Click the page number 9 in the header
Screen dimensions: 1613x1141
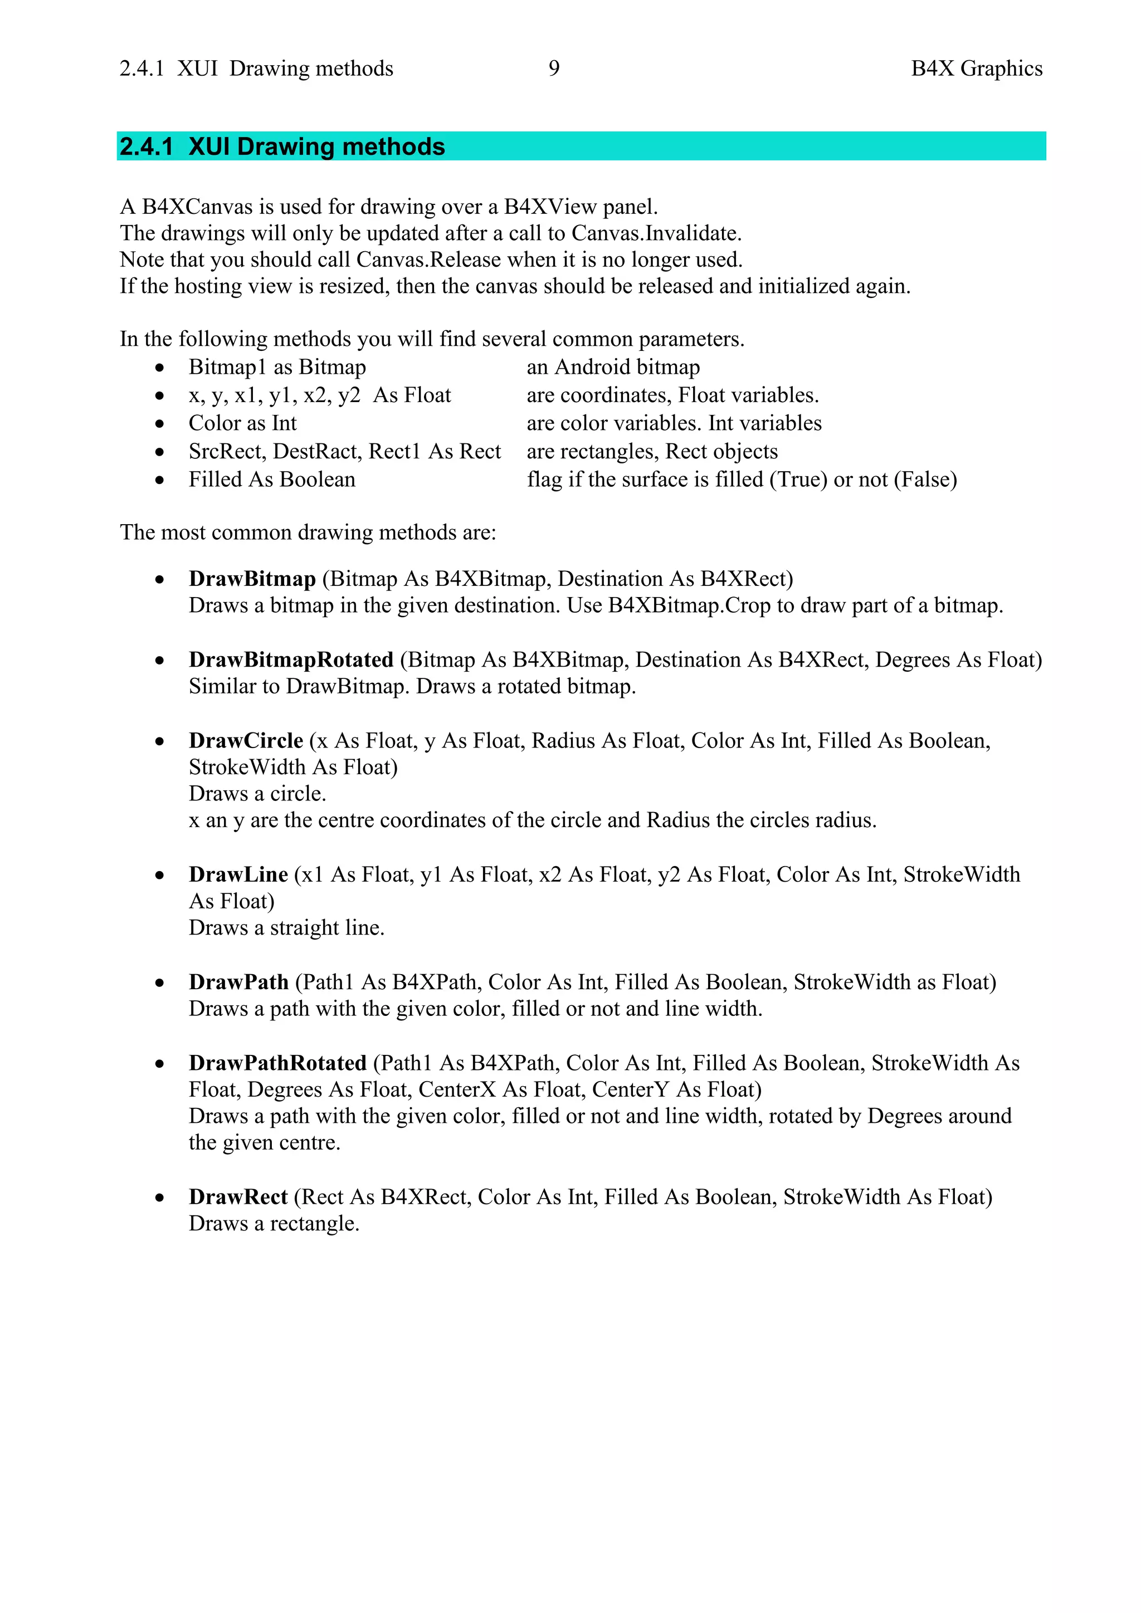(554, 68)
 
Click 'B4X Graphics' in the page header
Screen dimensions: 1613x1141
(976, 68)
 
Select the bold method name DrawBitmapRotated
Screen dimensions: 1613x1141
(291, 659)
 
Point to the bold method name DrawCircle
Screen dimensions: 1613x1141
(246, 740)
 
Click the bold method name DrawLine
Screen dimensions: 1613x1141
(238, 874)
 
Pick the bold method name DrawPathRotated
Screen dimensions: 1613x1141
(277, 1063)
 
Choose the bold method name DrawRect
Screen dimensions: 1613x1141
(238, 1197)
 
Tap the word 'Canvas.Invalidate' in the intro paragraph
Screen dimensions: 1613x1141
(656, 233)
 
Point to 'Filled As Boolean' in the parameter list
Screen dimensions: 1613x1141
(272, 479)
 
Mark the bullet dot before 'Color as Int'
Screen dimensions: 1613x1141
(160, 424)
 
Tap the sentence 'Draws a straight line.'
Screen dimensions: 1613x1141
(287, 928)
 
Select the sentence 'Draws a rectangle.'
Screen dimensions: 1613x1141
(274, 1224)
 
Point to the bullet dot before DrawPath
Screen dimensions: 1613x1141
(160, 983)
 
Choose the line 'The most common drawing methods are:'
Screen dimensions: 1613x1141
(308, 532)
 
